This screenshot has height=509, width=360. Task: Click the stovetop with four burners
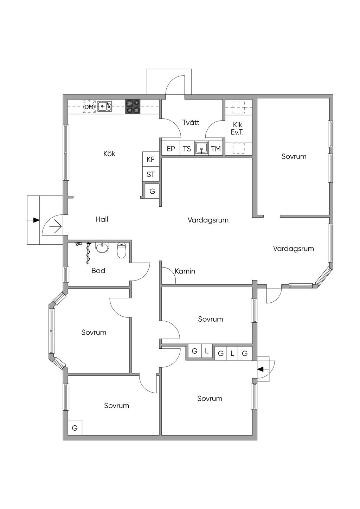(x=133, y=106)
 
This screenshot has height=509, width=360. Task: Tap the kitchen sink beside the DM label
(x=105, y=106)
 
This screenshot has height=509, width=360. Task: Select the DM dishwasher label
(x=89, y=107)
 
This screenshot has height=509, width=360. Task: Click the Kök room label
(x=109, y=154)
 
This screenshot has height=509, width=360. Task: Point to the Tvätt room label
(x=191, y=122)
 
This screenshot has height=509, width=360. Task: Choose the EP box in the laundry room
(x=171, y=149)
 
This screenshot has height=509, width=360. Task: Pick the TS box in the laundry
(x=187, y=149)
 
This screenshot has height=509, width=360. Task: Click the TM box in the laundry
(x=216, y=149)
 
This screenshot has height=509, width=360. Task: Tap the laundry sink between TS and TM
(x=201, y=148)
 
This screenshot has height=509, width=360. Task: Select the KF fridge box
(x=150, y=159)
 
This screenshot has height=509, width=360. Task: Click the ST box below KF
(x=150, y=174)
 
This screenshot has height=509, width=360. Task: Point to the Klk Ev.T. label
(x=237, y=129)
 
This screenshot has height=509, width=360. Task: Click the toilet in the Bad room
(x=122, y=250)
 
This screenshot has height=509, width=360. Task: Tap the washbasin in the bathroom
(x=102, y=248)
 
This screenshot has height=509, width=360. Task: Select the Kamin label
(x=185, y=271)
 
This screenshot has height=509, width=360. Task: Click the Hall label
(x=102, y=219)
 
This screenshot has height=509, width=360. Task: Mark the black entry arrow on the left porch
(x=36, y=220)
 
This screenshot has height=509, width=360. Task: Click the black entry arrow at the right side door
(x=261, y=369)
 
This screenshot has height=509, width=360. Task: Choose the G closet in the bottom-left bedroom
(x=75, y=428)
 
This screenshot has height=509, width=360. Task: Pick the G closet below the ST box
(x=152, y=192)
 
